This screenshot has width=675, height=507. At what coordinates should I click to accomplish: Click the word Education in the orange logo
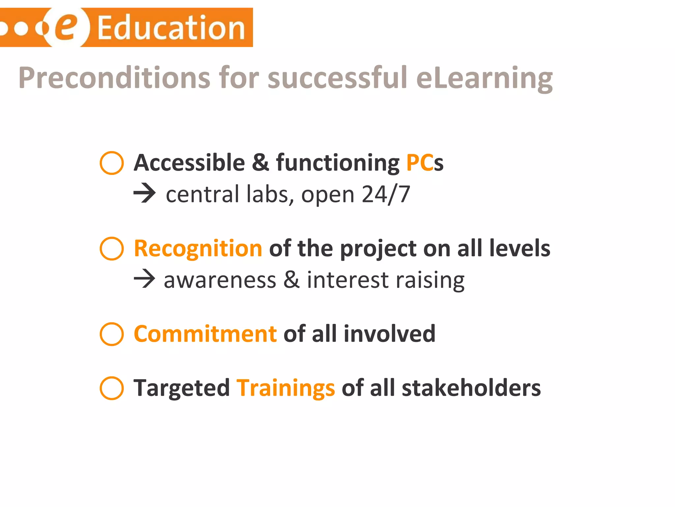pos(171,28)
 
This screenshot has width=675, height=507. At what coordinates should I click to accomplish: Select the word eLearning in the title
pos(484,79)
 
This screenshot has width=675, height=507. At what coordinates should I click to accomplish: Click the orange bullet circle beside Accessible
pos(112,163)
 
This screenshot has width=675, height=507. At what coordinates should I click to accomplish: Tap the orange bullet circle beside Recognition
pos(112,249)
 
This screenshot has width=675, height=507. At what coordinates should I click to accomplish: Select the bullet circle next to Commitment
pos(112,334)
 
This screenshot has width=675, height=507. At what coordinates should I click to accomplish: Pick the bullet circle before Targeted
pos(112,388)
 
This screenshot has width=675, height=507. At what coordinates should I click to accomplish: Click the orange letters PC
pos(420,163)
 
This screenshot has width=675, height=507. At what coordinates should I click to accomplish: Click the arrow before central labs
pos(144,194)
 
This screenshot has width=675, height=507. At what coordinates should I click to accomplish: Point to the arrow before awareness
pos(144,279)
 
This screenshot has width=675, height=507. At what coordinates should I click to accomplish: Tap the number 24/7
pos(386,194)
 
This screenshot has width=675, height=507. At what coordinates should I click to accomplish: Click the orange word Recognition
pos(198,249)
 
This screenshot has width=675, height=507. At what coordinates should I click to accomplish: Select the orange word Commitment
pos(205,334)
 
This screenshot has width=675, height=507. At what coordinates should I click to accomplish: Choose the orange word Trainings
pos(286,388)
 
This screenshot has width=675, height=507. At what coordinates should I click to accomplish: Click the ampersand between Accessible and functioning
pos(260,162)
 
